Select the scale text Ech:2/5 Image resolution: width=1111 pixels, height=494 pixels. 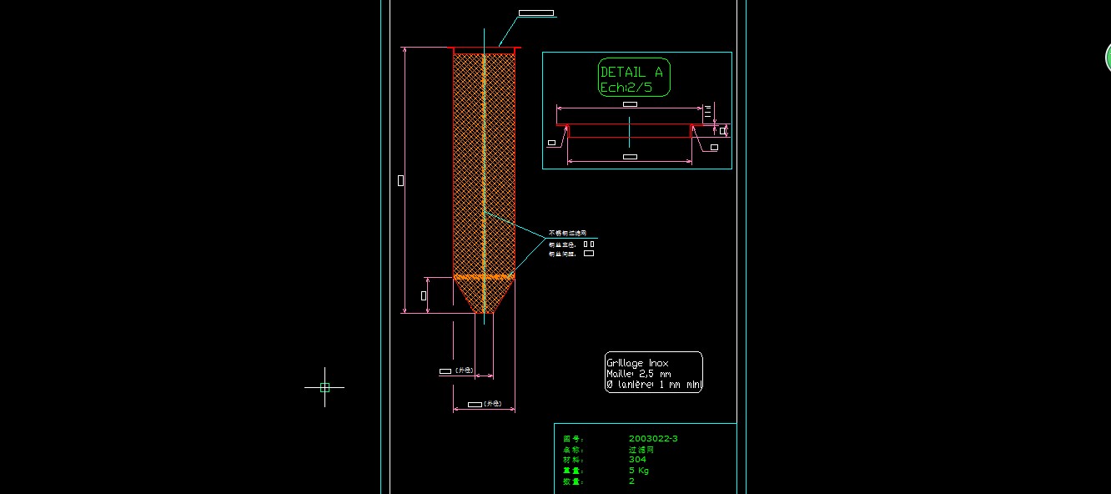[x=623, y=87]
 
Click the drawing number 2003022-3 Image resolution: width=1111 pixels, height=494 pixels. [x=653, y=438]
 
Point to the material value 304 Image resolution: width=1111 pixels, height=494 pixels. [x=637, y=459]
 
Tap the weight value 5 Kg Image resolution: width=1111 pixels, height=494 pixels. [x=639, y=470]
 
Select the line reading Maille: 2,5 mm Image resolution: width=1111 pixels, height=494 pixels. [x=639, y=374]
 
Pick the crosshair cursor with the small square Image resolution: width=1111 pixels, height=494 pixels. [x=324, y=387]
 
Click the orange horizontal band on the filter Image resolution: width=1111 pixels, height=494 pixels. [x=484, y=276]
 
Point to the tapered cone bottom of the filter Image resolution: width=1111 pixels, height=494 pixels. [x=484, y=295]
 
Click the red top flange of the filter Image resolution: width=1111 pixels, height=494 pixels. [x=484, y=49]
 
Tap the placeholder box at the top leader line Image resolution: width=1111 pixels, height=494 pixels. [x=535, y=13]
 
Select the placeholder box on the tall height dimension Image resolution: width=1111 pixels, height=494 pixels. [x=401, y=180]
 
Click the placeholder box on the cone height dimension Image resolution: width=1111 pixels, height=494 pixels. [x=424, y=295]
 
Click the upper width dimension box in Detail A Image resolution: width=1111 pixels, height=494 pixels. [x=630, y=104]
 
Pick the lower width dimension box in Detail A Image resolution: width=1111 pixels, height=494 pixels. [x=630, y=157]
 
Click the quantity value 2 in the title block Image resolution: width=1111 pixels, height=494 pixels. [x=631, y=481]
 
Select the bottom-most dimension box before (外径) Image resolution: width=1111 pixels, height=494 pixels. [x=475, y=405]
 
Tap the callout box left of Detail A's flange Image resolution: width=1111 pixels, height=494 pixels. [x=551, y=143]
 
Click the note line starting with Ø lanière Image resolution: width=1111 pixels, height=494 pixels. [x=654, y=385]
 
